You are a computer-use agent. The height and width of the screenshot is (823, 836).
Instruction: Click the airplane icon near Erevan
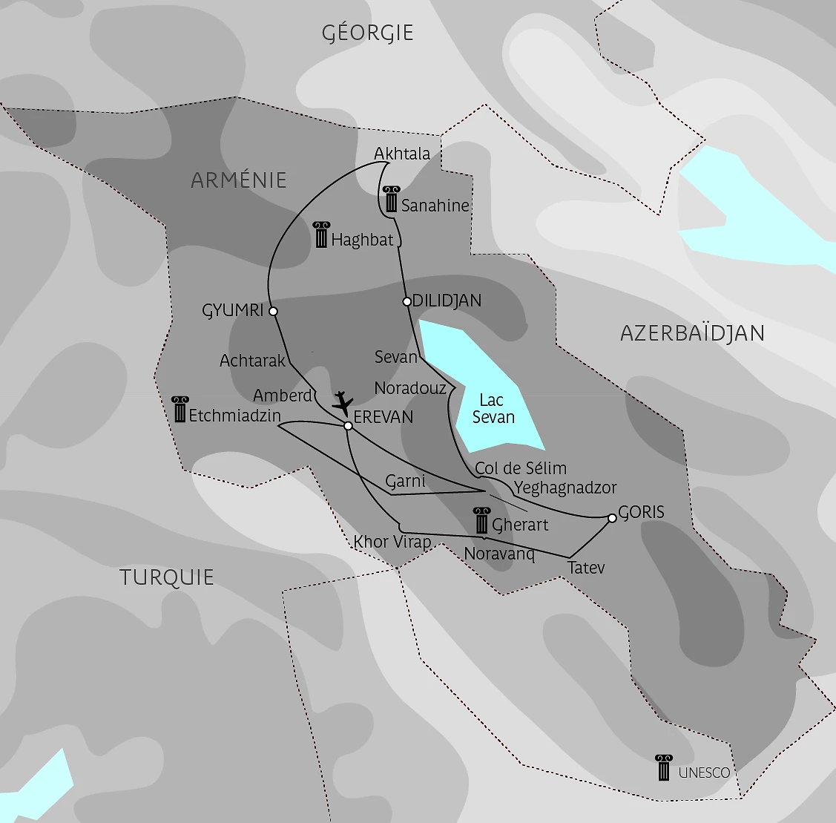click(342, 403)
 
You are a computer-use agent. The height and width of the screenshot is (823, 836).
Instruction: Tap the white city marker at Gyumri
click(273, 311)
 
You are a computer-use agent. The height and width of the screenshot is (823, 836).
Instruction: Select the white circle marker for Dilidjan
click(407, 301)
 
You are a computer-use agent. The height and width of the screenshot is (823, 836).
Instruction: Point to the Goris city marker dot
click(612, 518)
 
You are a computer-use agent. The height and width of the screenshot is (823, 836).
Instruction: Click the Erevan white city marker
click(348, 425)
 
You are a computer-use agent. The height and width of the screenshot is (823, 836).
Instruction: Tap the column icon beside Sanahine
click(391, 199)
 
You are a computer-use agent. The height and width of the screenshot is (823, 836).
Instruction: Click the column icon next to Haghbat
click(321, 235)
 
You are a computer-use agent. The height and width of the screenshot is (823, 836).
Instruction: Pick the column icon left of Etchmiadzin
click(180, 410)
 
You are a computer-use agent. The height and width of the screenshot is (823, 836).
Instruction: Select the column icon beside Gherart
click(481, 521)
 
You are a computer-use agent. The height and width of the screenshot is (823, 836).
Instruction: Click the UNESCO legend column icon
click(663, 768)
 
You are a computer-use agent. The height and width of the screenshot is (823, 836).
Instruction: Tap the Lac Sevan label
click(493, 409)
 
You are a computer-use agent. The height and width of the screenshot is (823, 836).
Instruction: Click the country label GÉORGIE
click(367, 33)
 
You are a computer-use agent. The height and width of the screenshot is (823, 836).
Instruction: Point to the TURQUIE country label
click(167, 577)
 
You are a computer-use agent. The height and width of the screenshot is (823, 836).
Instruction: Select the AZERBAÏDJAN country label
click(692, 333)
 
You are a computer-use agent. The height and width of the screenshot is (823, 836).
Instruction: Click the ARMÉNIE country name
click(238, 180)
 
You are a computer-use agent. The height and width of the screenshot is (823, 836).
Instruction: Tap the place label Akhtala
click(402, 154)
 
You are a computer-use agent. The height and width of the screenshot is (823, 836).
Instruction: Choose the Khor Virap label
click(392, 542)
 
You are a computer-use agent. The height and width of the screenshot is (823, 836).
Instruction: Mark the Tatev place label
click(586, 568)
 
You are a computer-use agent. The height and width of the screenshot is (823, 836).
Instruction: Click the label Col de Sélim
click(521, 468)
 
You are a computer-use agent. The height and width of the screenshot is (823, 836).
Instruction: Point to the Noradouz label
click(410, 388)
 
